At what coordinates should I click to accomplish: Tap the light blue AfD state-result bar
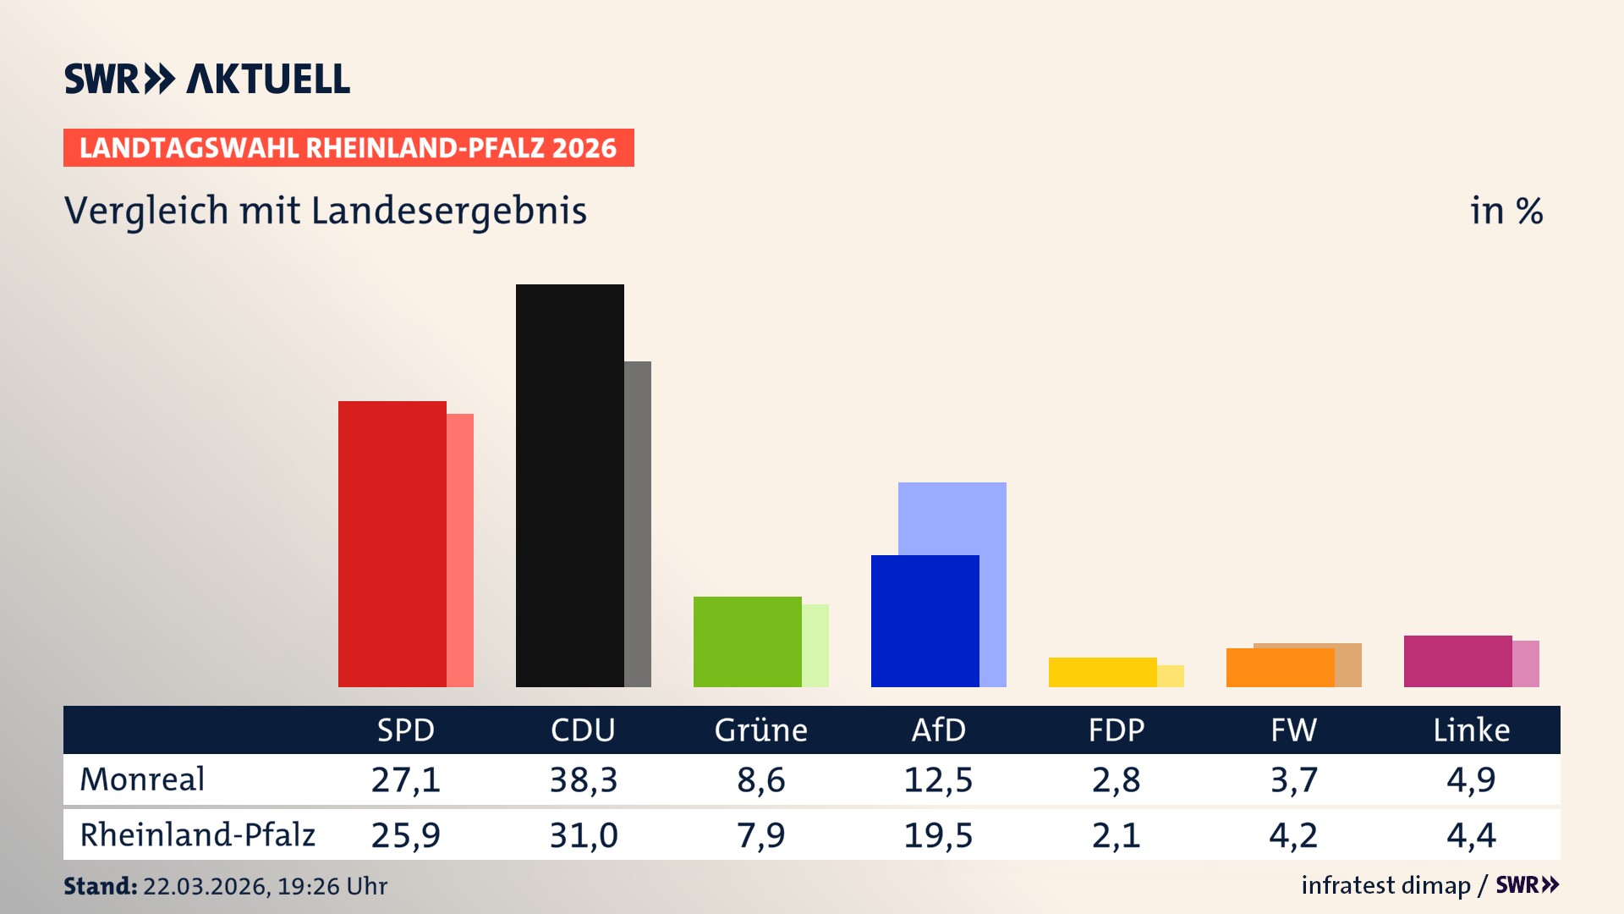point(952,517)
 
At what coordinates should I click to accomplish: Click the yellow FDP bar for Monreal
point(1102,672)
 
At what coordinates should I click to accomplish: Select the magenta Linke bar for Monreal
point(1457,661)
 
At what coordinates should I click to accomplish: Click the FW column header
point(1293,730)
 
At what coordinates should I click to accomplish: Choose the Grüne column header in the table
point(760,730)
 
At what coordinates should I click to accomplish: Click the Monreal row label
point(142,779)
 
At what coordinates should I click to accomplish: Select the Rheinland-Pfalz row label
point(197,834)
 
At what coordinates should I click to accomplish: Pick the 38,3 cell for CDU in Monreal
point(584,779)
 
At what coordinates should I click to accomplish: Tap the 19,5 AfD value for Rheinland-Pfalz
point(938,835)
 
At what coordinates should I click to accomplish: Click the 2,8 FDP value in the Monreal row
point(1116,779)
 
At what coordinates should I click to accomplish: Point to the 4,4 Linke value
point(1471,835)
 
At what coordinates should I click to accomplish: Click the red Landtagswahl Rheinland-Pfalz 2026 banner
point(348,148)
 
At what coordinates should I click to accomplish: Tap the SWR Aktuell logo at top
point(207,79)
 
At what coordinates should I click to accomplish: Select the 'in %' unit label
point(1506,211)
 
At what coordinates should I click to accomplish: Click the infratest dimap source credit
point(1385,885)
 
